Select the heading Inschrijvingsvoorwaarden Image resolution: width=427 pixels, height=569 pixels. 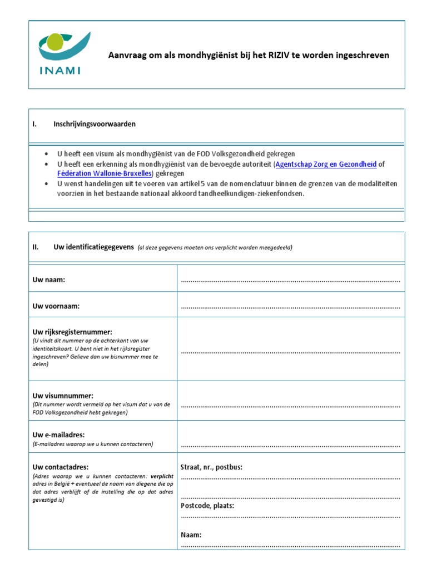(x=95, y=124)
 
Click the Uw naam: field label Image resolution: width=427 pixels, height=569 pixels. (x=49, y=279)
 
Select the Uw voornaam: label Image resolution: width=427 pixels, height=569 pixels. (x=56, y=306)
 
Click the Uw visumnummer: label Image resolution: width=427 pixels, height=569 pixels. (x=63, y=396)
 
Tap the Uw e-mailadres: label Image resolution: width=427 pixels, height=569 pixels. (x=59, y=435)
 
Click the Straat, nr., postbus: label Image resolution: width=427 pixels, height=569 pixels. (x=212, y=467)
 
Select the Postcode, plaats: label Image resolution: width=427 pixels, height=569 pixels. (x=207, y=506)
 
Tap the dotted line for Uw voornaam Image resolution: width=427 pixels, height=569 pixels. (x=290, y=308)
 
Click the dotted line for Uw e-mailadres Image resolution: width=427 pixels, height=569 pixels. (x=290, y=446)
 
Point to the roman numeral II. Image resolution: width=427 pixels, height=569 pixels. (x=36, y=247)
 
